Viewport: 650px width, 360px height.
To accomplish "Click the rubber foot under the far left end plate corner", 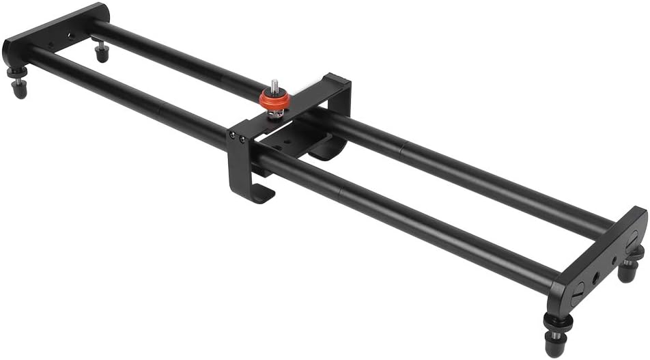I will click(18, 87).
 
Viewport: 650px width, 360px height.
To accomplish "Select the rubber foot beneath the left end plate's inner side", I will click(102, 52).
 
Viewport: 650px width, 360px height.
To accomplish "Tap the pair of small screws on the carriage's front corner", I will click(238, 139).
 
